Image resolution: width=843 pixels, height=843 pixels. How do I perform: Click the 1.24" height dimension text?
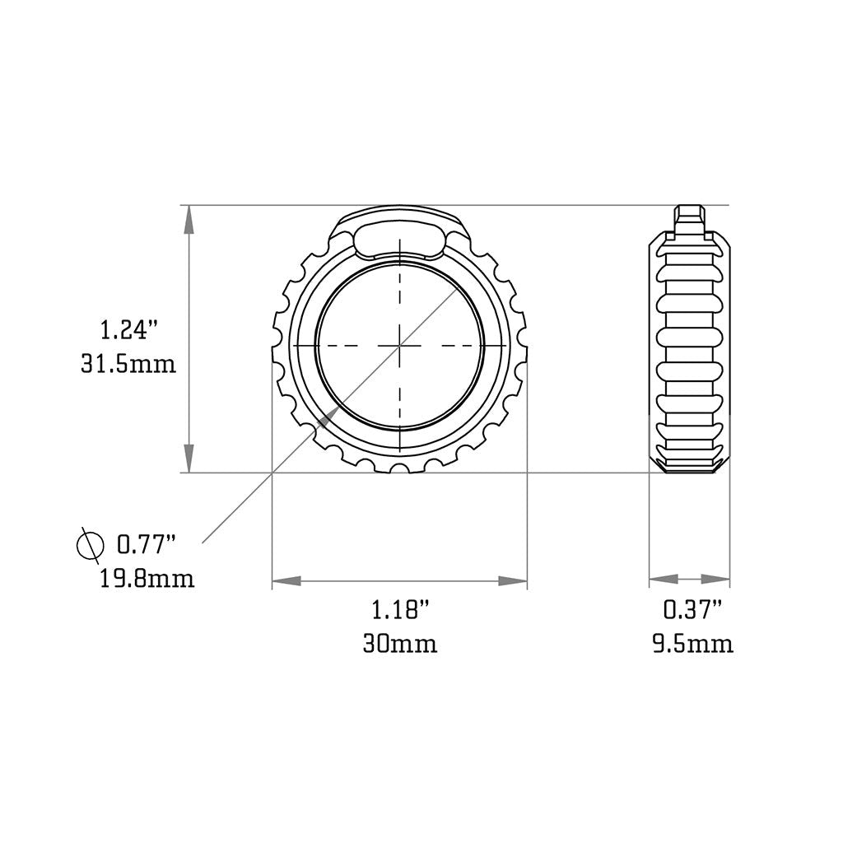point(128,331)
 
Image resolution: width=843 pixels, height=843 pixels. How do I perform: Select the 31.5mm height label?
point(128,364)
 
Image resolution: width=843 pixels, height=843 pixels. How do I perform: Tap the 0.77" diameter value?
point(147,544)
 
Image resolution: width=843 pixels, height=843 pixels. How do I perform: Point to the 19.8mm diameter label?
point(147,578)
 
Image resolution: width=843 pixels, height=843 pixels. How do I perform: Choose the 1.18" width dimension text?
point(400,611)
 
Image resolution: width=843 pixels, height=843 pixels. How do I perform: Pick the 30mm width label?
point(400,643)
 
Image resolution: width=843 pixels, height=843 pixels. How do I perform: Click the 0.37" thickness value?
point(692,610)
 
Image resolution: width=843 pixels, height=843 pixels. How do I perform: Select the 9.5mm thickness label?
point(692,643)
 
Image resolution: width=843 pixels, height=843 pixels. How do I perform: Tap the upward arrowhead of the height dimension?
point(189,219)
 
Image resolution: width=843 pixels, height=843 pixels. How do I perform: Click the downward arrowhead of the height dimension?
point(189,459)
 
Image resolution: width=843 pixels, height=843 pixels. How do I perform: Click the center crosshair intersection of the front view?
point(399,346)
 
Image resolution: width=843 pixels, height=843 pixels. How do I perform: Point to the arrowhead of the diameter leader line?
point(326,418)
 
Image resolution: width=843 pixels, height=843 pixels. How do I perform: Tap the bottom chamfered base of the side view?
point(690,464)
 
